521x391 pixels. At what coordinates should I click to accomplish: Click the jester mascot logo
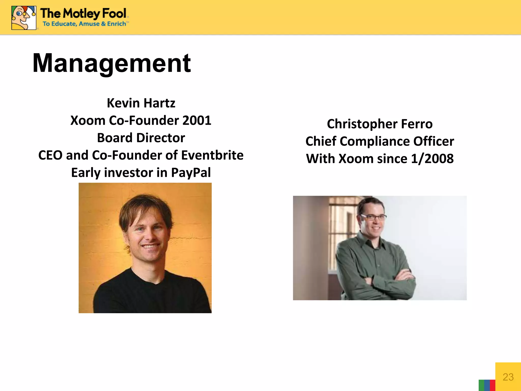coord(24,18)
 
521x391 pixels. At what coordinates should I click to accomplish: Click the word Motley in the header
coord(81,13)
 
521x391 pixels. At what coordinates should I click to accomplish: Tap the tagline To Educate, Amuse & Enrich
coord(84,24)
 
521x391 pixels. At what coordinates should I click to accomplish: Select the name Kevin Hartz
coord(141,103)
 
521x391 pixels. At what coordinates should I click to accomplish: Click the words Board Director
coord(141,138)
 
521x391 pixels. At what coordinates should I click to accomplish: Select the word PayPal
coord(191,173)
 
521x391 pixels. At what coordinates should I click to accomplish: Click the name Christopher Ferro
coord(380,124)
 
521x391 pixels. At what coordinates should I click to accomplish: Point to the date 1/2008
coord(432,159)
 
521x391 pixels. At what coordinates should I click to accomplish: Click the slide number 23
coord(508,377)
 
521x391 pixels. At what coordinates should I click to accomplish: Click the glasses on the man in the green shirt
coord(373,217)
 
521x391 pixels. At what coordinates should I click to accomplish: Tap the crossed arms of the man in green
coord(389,280)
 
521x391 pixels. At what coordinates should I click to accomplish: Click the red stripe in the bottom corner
coord(493,385)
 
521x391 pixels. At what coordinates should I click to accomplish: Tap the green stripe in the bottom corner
coord(481,385)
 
